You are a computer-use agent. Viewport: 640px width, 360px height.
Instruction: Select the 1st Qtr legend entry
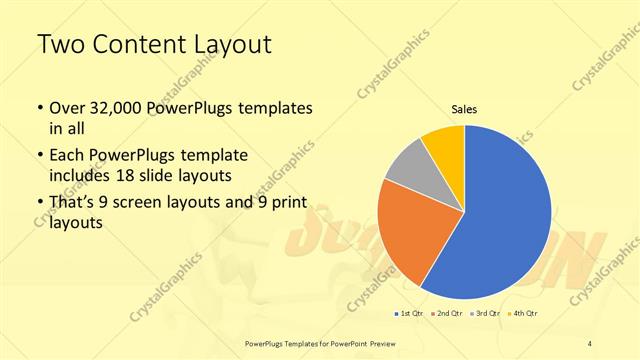pyautogui.click(x=412, y=314)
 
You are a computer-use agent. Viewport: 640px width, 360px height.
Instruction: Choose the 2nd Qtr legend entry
pyautogui.click(x=446, y=314)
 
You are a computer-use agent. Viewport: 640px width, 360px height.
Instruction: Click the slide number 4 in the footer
pyautogui.click(x=591, y=343)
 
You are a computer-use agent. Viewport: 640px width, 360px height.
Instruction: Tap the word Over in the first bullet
pyautogui.click(x=68, y=108)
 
